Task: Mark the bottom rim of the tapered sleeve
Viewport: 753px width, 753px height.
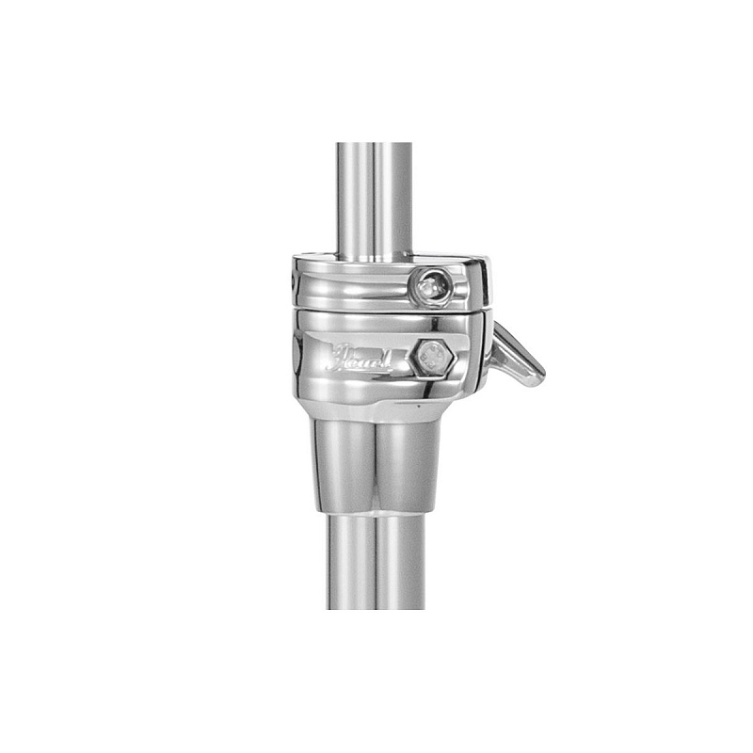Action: coord(376,510)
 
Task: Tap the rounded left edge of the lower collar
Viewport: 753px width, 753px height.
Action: coord(296,358)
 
